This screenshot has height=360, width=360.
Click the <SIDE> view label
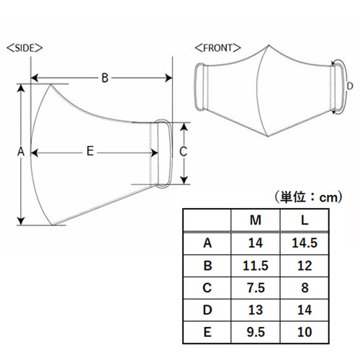24,48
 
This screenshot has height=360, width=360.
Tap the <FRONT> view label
217,48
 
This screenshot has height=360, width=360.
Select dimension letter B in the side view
105,78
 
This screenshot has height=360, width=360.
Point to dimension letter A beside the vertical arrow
21,151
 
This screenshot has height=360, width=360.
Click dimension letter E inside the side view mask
90,151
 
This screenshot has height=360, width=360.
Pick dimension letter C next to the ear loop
183,152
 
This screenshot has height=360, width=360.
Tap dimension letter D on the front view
350,86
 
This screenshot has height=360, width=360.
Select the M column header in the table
256,220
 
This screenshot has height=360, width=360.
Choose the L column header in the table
305,220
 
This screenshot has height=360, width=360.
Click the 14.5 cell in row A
305,243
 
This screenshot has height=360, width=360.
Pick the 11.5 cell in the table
256,266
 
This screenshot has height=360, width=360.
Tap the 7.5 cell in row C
256,288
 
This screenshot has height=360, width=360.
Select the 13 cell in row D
256,310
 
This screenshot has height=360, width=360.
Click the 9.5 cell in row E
256,332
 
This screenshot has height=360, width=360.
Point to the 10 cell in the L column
305,332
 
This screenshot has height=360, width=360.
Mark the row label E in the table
207,332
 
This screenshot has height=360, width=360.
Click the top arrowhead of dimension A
21,88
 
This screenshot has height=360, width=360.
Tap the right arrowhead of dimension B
168,78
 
